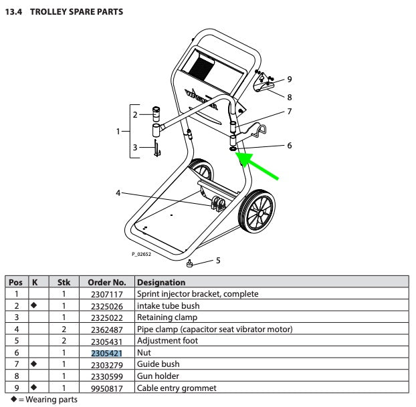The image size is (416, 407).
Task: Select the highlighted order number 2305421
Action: click(x=107, y=352)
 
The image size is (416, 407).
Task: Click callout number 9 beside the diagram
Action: click(x=289, y=79)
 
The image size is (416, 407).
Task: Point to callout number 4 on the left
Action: click(x=118, y=193)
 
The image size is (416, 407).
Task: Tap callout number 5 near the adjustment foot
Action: click(x=217, y=259)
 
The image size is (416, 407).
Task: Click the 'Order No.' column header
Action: click(x=107, y=283)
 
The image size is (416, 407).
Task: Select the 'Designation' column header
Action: click(x=161, y=283)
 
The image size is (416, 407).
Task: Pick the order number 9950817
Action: click(x=107, y=388)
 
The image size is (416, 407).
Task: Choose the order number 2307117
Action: click(x=107, y=294)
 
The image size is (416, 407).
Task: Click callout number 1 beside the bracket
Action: click(x=118, y=132)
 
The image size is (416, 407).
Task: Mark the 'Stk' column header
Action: click(x=63, y=283)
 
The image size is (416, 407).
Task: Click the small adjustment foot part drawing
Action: click(x=190, y=263)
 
